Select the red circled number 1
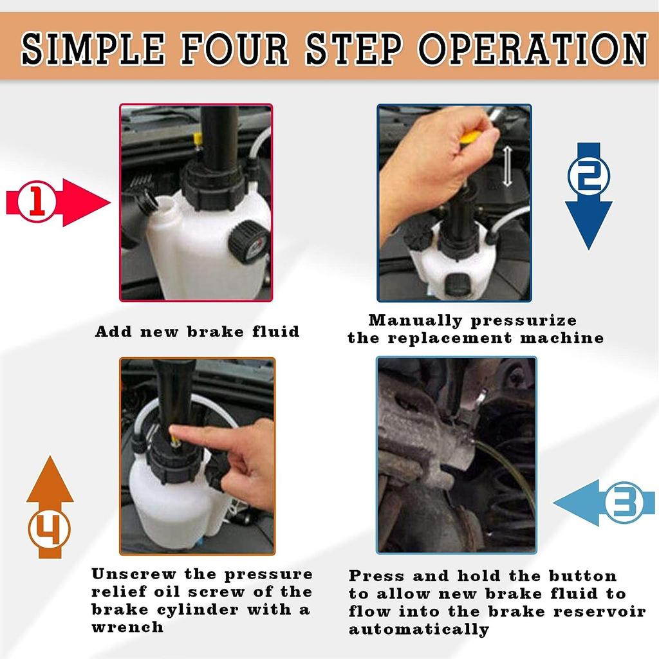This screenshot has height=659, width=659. (x=37, y=201)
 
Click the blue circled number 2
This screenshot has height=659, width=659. (x=588, y=176)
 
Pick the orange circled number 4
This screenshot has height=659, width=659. (x=50, y=529)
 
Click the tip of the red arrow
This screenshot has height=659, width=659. (x=110, y=203)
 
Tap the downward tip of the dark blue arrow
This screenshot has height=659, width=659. (x=588, y=249)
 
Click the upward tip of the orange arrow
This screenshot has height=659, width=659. (x=50, y=456)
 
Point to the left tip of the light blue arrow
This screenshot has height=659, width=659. (x=553, y=503)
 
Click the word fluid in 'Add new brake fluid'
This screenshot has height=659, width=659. (x=275, y=331)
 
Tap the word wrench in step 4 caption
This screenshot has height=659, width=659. (x=128, y=627)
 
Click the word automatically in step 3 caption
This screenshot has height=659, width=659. (x=419, y=629)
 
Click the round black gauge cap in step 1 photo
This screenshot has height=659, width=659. (x=248, y=242)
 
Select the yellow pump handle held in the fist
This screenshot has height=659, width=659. (x=470, y=138)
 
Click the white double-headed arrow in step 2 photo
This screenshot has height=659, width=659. (x=507, y=166)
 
